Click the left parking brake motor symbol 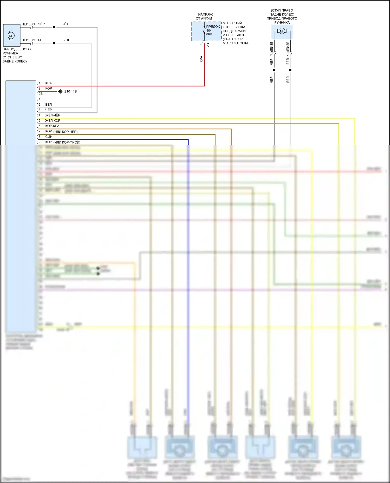point(11,36)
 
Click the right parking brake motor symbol point(281,31)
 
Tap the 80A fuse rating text point(209,34)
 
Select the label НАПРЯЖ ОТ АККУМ point(204,17)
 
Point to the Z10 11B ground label point(70,91)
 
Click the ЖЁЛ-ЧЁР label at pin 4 point(53,115)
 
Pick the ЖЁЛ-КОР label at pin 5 point(53,121)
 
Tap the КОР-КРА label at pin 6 point(52,126)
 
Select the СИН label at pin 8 point(49,137)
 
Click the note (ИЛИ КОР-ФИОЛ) point(67,142)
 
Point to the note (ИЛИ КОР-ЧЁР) point(66,132)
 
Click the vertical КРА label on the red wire point(201,59)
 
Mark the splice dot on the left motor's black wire point(54,27)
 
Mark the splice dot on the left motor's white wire point(54,43)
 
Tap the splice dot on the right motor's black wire point(274,70)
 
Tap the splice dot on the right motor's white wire point(290,70)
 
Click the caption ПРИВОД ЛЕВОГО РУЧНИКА point(17,51)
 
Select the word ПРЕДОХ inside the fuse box point(213,27)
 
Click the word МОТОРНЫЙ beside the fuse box point(232,23)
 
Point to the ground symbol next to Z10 point(60,91)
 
